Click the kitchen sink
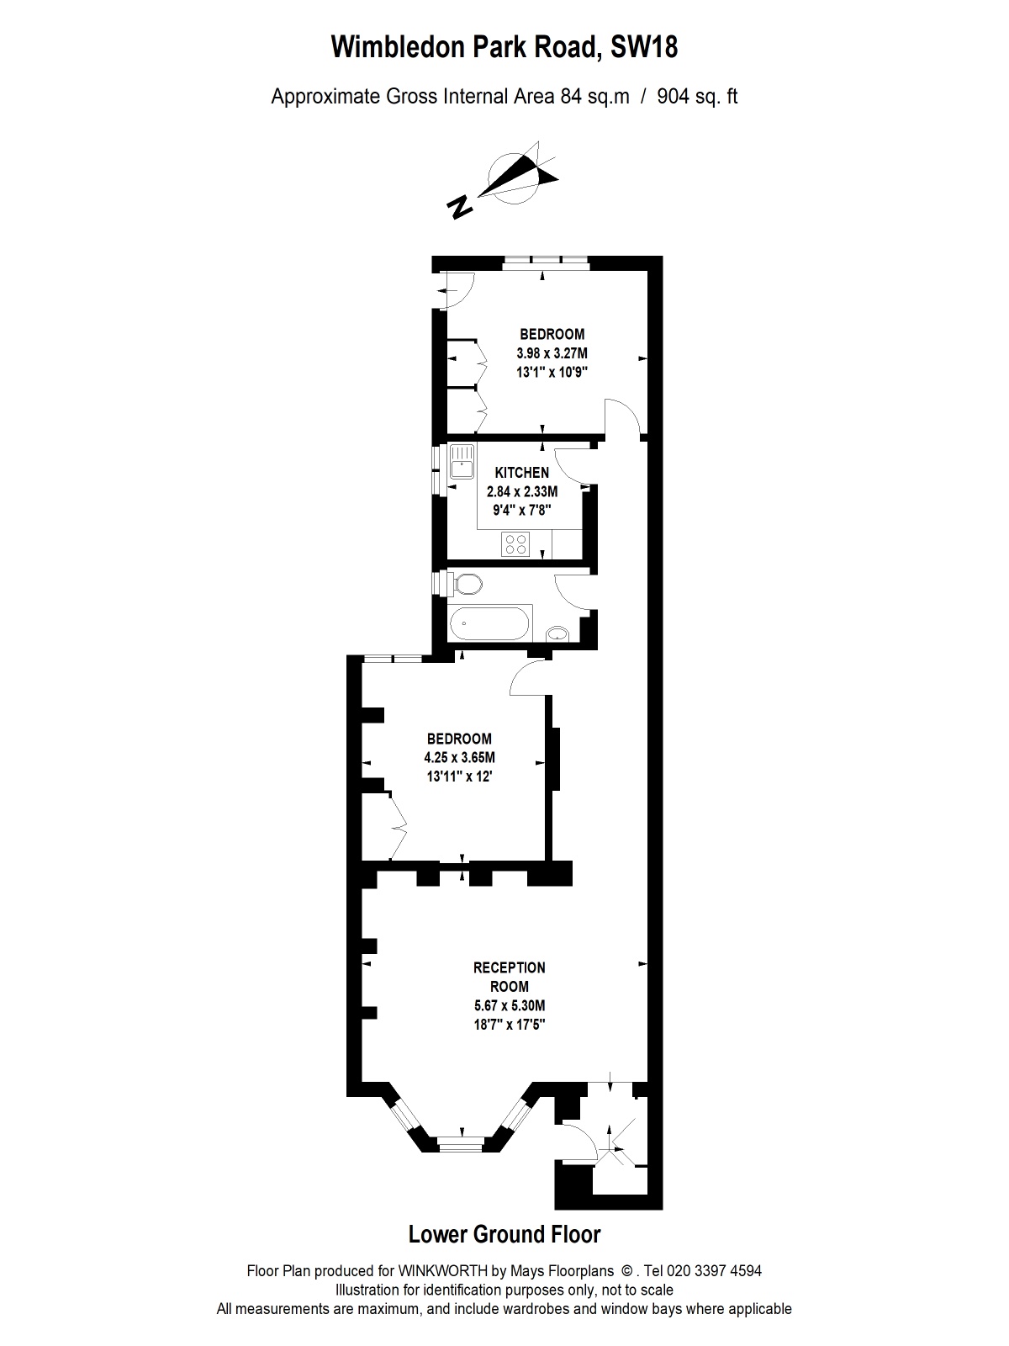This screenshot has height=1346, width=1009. point(462,461)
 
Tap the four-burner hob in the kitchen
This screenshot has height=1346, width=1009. point(515,543)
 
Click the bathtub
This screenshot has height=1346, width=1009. point(489,623)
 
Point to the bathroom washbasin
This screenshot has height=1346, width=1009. point(557,633)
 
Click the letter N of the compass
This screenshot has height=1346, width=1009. point(460,208)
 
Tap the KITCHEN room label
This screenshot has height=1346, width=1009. point(522,473)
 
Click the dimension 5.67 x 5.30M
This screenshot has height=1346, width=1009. point(509,1005)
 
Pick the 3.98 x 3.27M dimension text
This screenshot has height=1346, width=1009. point(552,353)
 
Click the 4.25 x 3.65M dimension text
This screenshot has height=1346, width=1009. point(459,757)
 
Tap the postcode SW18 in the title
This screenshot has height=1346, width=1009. point(644,47)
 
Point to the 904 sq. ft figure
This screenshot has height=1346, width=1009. point(697,97)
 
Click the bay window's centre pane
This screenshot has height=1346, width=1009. point(462,1144)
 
